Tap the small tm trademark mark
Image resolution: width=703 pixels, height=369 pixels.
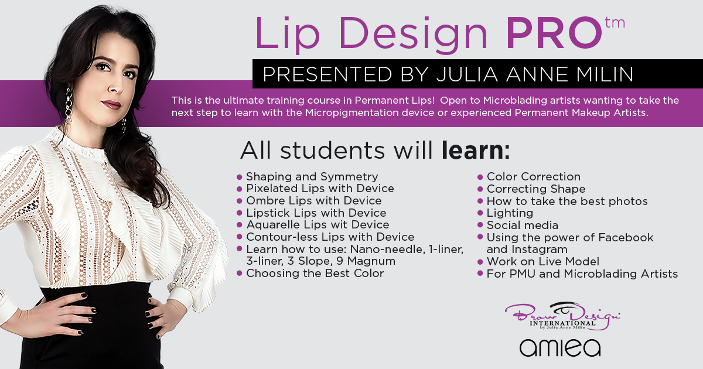coord(615,23)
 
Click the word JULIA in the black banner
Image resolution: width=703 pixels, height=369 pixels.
coord(467,74)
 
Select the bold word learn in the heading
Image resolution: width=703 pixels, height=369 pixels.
coord(472,151)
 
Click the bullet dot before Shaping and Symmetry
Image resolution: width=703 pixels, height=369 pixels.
coord(239,177)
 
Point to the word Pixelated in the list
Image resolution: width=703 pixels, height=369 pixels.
coord(272,188)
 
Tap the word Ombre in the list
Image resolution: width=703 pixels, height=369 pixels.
coord(265,200)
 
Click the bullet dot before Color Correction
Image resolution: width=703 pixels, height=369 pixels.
coord(480,177)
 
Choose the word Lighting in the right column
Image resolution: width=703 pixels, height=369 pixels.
coord(510,213)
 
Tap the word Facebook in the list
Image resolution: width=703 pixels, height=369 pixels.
coord(626,238)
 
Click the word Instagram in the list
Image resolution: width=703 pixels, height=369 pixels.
coord(540,250)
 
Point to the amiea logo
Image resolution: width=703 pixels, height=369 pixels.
coord(560,348)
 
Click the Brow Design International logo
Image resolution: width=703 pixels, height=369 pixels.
coord(562,316)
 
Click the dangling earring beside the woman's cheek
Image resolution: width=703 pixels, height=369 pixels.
coord(69,105)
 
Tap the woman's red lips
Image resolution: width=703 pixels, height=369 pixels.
coord(111,104)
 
